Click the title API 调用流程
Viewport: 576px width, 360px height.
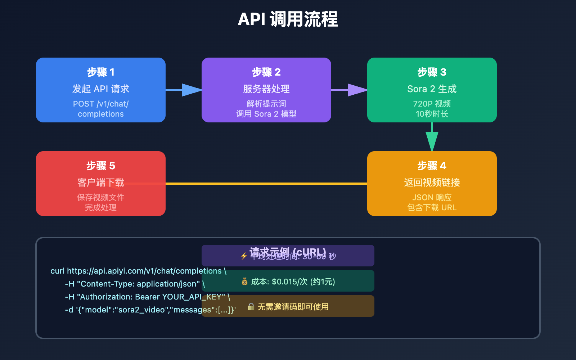coord(288,19)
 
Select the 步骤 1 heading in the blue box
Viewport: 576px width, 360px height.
coord(101,72)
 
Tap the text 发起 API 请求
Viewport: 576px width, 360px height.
coord(101,89)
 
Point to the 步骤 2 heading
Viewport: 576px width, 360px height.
coord(266,72)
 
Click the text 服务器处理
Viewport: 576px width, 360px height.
coord(266,89)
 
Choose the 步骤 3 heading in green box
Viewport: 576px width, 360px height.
coord(432,72)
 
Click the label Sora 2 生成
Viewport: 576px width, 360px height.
coord(432,89)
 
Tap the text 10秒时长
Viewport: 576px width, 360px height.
coord(432,114)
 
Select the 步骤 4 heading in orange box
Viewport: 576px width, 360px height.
coord(432,166)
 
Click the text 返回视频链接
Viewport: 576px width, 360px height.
coord(432,183)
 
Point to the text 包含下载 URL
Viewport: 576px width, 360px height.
coord(432,208)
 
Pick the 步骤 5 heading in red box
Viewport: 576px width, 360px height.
coord(101,166)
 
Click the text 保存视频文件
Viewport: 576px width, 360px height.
coord(101,197)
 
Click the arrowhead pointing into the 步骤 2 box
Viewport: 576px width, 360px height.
coord(192,90)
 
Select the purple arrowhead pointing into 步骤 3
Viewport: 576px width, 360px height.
coord(357,90)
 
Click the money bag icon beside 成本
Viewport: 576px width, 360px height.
coord(244,282)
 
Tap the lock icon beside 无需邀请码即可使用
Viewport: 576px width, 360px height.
coord(251,307)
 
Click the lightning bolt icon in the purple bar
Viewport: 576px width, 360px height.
coord(244,256)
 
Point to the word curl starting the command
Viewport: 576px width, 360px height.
coord(58,271)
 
